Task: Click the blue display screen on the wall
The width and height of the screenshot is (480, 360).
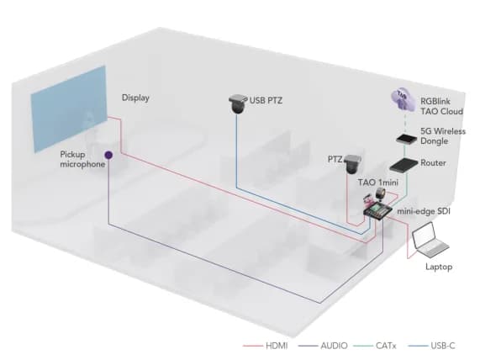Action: tap(68, 109)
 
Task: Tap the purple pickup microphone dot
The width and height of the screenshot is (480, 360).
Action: tap(108, 154)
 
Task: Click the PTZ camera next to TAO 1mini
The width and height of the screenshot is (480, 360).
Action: tap(351, 165)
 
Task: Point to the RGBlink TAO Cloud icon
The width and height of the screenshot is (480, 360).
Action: tap(404, 102)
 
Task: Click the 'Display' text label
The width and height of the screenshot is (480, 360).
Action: tap(135, 98)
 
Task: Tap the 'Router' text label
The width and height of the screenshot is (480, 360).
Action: tap(434, 162)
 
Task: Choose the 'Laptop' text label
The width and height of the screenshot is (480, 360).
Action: tap(438, 267)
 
